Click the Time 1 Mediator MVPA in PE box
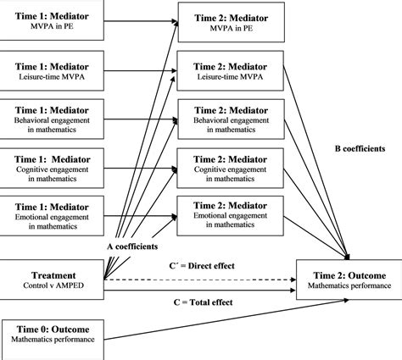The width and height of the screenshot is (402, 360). tap(52, 19)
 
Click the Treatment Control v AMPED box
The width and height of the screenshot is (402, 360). tap(52, 280)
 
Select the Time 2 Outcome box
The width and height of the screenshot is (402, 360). tap(349, 280)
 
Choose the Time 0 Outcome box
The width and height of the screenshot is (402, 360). tap(52, 332)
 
